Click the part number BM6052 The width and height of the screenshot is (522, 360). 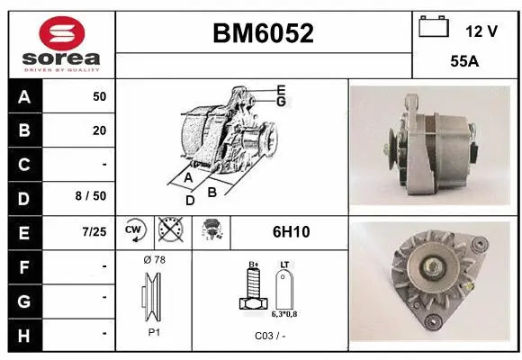click(x=263, y=33)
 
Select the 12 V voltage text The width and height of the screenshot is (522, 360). click(x=481, y=31)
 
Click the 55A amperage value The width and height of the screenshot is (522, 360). click(x=463, y=64)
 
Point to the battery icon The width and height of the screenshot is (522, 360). click(x=433, y=27)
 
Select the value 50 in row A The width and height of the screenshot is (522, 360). click(x=99, y=95)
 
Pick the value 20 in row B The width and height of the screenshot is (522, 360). click(x=99, y=130)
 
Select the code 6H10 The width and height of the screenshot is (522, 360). click(x=291, y=232)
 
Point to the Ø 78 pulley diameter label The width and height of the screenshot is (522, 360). click(x=154, y=260)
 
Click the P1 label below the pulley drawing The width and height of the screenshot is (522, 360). click(x=154, y=331)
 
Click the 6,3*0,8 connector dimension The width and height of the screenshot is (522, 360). click(x=283, y=314)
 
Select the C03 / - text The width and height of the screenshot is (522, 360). click(x=270, y=335)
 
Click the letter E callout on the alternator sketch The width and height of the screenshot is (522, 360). click(x=281, y=89)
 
